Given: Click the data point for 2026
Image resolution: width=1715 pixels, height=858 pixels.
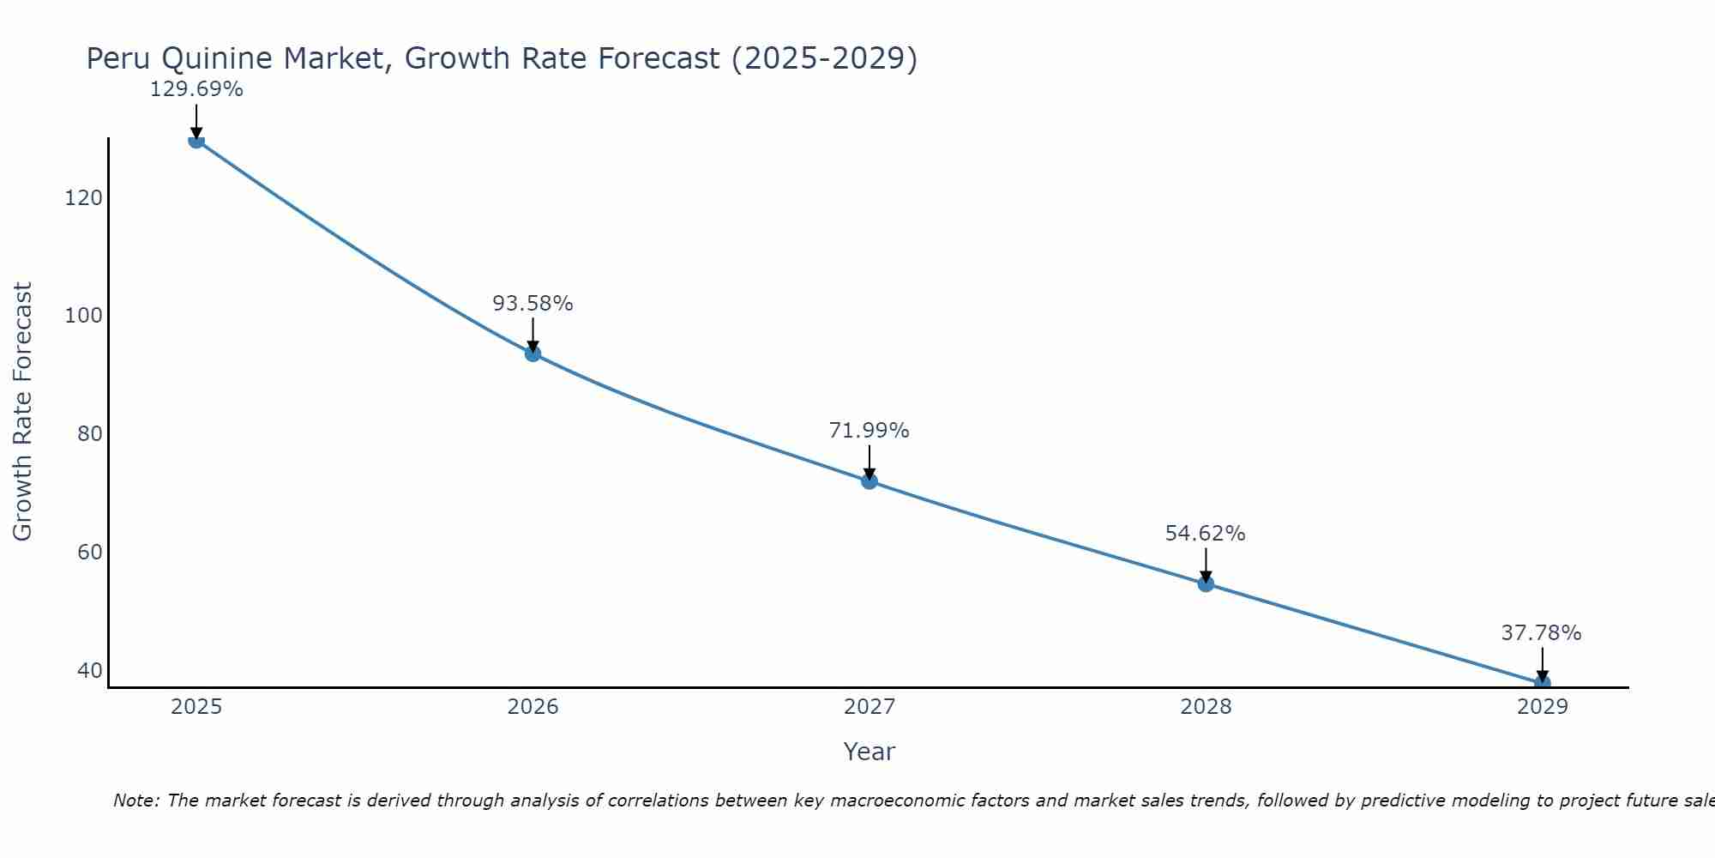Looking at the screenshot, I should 533,353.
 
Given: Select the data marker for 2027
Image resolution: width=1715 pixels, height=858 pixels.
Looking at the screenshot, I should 869,480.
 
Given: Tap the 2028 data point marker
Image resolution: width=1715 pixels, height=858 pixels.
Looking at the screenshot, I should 1206,583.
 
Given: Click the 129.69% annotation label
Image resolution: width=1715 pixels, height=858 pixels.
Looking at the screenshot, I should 196,89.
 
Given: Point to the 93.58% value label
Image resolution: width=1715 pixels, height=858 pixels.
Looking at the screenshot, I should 533,304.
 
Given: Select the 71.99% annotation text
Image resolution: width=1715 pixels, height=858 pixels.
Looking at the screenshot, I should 869,431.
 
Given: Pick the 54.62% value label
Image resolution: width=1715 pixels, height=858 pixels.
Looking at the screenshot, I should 1205,534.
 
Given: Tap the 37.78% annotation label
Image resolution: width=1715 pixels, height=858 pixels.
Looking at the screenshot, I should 1541,633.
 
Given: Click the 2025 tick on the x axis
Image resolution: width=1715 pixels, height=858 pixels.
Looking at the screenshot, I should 196,707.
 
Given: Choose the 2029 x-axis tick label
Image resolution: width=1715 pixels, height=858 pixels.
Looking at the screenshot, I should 1542,707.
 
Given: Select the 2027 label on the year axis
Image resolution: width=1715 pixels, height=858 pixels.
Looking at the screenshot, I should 869,707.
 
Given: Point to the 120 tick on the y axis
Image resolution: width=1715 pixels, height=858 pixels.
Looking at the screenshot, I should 83,198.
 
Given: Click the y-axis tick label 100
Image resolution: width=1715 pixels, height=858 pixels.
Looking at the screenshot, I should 83,316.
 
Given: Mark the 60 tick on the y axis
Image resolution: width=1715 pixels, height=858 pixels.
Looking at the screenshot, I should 89,552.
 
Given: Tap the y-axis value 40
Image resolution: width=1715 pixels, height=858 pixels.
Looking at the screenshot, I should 89,670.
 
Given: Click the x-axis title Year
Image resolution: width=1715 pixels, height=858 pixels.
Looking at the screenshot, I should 869,752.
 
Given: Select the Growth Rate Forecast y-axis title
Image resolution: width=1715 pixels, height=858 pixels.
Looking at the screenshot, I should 22,411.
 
